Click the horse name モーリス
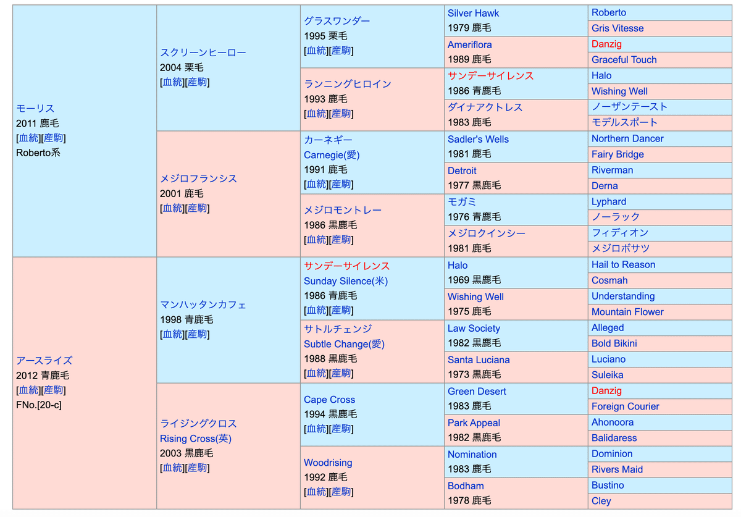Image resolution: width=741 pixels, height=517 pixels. click(35, 109)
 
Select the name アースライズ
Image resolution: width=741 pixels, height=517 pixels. click(44, 361)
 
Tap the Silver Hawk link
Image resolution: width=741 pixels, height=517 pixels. click(473, 13)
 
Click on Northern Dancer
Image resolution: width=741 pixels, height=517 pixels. click(627, 138)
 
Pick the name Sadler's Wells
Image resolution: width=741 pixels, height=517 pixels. click(478, 139)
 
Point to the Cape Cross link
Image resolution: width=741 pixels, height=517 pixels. click(329, 400)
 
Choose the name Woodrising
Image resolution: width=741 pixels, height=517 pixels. click(328, 463)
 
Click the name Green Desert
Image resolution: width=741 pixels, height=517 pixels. click(477, 391)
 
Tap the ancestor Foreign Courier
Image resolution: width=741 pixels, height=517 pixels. click(625, 406)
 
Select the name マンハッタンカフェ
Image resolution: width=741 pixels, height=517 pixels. click(203, 305)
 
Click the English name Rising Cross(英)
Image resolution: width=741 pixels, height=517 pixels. click(196, 439)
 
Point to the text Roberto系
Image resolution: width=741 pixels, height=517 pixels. click(38, 153)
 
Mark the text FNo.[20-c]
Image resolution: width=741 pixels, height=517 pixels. click(39, 405)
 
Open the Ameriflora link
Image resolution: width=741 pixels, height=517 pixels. click(469, 44)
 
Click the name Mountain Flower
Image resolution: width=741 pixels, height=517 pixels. click(627, 312)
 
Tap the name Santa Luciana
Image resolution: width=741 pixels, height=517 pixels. click(479, 359)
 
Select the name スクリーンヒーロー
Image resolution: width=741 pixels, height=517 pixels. click(203, 53)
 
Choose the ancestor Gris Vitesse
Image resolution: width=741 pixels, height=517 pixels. click(617, 28)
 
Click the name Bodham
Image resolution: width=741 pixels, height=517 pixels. click(466, 485)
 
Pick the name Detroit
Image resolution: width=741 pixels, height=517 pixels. click(462, 170)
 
